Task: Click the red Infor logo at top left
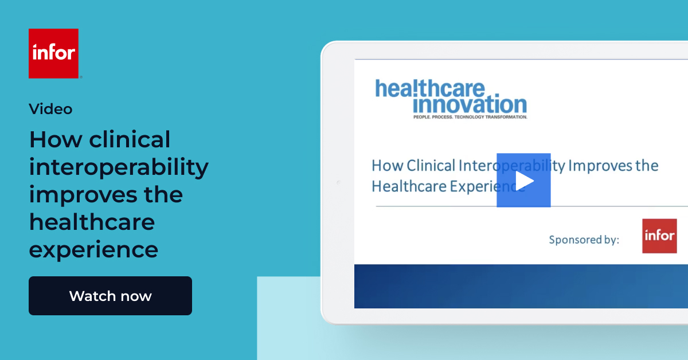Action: [53, 53]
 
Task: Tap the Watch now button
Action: [110, 296]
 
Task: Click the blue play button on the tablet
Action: [523, 180]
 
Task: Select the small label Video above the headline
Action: [50, 108]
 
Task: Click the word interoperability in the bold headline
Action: [119, 167]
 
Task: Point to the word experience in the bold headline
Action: [93, 250]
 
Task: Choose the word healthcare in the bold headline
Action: [92, 222]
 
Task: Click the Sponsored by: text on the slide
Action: [584, 240]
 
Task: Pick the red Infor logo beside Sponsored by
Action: [659, 236]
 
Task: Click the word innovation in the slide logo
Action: [469, 105]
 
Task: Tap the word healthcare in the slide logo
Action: [430, 89]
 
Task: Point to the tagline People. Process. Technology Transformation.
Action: [470, 117]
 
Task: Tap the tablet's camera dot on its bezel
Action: [338, 182]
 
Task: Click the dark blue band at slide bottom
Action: [521, 286]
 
